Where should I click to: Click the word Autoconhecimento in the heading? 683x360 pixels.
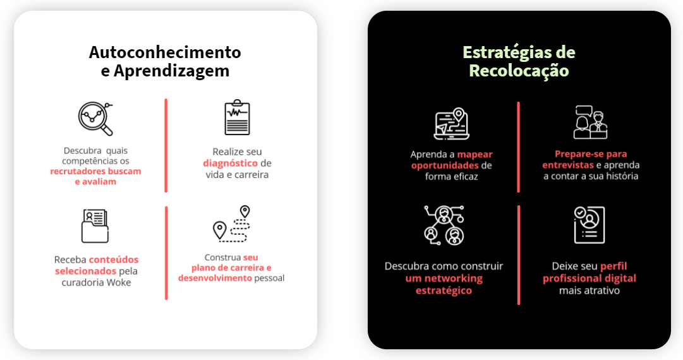(x=165, y=52)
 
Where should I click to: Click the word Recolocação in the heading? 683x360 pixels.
(x=519, y=71)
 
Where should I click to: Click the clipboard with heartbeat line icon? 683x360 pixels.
(x=237, y=117)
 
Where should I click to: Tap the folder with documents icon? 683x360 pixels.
(x=95, y=225)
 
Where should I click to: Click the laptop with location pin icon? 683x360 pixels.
(x=451, y=123)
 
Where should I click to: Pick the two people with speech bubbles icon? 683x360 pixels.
(x=590, y=122)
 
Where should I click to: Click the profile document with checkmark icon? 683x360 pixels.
(x=589, y=225)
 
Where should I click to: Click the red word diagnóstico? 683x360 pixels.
(x=226, y=163)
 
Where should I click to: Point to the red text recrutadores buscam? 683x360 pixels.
(x=95, y=171)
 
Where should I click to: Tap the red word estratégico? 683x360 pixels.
(x=444, y=291)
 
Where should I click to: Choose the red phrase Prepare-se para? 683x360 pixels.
(x=591, y=153)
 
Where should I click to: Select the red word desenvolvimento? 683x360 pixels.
(x=215, y=278)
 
